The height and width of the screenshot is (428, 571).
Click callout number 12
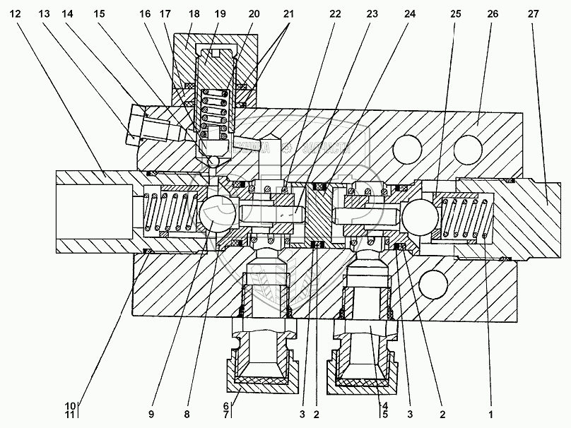coord(16,13)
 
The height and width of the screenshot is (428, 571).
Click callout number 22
coord(335,13)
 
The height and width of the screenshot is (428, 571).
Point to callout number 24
coord(410,13)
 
